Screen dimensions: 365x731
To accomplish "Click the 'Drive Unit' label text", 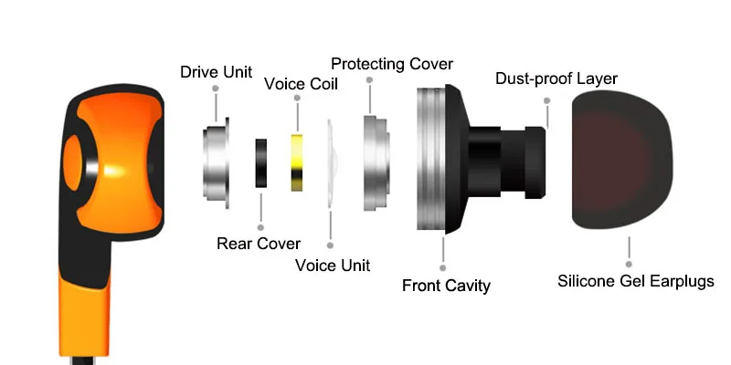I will pos(217,71).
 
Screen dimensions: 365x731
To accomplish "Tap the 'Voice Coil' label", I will pos(301,84).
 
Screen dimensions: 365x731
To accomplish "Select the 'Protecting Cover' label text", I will pos(392,64).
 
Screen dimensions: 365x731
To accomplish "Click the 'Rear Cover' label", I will pos(259,243).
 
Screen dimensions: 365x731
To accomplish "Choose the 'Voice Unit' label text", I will pos(333,266).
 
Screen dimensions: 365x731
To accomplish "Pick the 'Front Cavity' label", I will pos(446,286).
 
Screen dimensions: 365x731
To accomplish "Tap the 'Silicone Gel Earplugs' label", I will pos(636,281).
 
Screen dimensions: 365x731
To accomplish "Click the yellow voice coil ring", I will pos(297,162).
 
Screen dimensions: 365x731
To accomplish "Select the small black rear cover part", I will pos(261,164).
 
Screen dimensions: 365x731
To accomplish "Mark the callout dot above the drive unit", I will pos(217,89).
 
